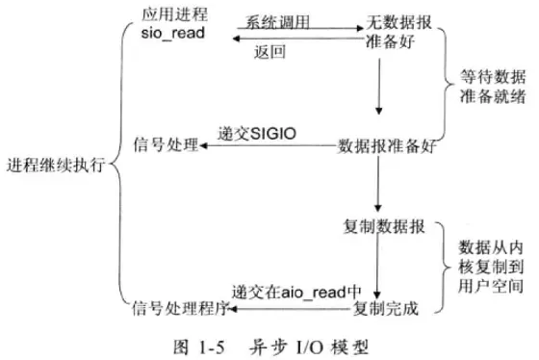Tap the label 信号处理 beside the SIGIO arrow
[165, 146]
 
